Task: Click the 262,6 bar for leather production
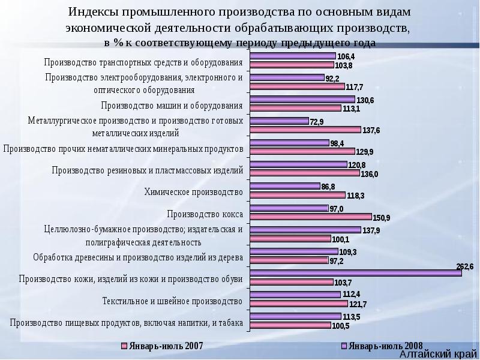(x=355, y=272)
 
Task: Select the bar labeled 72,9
(x=279, y=121)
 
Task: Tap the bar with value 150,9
(x=310, y=217)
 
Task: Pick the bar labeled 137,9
(x=305, y=229)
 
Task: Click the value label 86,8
(x=328, y=187)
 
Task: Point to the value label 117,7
(x=354, y=86)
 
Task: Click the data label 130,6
(x=365, y=100)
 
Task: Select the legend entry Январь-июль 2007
(x=162, y=346)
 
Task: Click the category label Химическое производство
(x=193, y=192)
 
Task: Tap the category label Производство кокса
(x=205, y=213)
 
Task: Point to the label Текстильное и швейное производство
(x=172, y=300)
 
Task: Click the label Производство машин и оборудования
(x=172, y=106)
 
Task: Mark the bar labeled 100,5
(x=290, y=325)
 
